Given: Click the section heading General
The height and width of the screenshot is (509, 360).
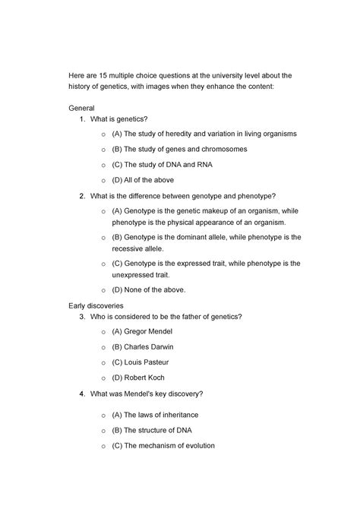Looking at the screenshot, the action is [x=81, y=109].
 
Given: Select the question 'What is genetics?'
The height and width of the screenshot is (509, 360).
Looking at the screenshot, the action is [x=118, y=120].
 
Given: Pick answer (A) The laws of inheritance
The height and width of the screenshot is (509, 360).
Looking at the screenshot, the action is [x=156, y=416].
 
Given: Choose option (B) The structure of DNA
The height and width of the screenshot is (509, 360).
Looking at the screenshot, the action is [x=155, y=431].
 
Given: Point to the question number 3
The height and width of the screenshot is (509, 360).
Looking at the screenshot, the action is [x=81, y=317].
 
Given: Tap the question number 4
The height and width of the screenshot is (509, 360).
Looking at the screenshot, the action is [x=81, y=394].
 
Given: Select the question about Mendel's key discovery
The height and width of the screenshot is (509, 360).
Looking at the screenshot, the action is [x=147, y=394].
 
